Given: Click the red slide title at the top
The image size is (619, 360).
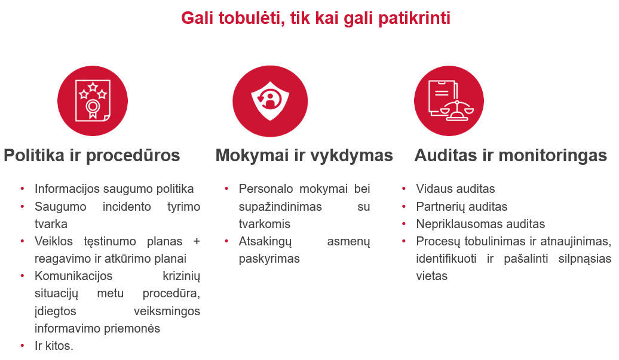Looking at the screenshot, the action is coord(316,18).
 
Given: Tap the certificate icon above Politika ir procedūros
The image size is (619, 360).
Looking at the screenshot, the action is coord(93,100).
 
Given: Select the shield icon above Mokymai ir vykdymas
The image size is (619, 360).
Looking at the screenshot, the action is coord(270,101).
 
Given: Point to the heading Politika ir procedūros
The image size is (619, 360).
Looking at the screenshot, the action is coord(91,155).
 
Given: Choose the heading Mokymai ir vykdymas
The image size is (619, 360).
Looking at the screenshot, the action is coord(304,155).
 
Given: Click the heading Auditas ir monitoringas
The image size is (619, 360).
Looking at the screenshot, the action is coord(510,155).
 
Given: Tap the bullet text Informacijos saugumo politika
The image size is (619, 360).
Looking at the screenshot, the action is coord(114,189).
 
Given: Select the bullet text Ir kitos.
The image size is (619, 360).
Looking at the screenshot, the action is coord(54,346).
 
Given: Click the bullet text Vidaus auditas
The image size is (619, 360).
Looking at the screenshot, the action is coord(455,189).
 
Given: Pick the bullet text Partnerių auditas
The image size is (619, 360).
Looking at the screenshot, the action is coord(461,206).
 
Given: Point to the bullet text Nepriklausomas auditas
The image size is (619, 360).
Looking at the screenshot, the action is coord(480,224).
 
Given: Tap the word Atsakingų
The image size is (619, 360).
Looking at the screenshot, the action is coord(265,241).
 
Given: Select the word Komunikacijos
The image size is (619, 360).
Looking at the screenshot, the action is coord(73,276).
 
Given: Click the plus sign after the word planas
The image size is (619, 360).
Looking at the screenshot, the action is coord(197,241).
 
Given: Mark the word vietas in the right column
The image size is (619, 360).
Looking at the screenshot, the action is coord(431,276).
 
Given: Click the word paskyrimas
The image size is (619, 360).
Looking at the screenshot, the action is coord(269,259).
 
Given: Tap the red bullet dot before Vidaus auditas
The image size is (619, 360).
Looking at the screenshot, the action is coord(404,189).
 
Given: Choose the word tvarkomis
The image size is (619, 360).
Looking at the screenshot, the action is coord(265,224).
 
